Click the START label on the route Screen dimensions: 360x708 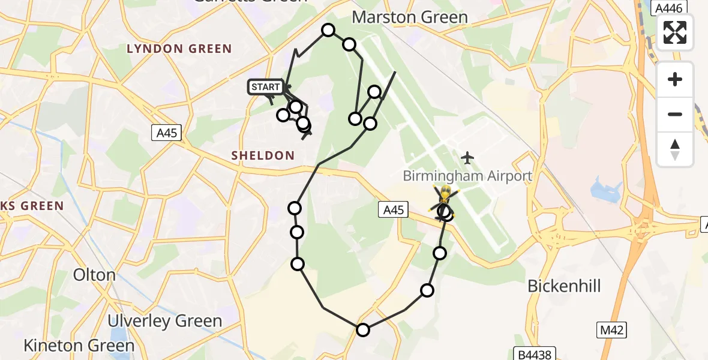[265, 87]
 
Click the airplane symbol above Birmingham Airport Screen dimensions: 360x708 [467, 158]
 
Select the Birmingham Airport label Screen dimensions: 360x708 [467, 176]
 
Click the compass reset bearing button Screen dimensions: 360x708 [675, 149]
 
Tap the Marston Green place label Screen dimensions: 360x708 [410, 17]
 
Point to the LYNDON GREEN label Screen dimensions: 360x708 [179, 49]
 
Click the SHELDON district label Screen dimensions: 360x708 [263, 155]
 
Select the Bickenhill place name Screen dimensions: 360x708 [564, 286]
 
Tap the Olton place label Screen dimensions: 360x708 [94, 275]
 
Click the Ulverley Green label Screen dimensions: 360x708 [165, 321]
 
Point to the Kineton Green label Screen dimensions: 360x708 [79, 346]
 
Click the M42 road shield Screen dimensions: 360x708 [612, 329]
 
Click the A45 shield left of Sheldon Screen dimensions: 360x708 [166, 133]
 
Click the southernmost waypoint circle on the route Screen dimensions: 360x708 [362, 329]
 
